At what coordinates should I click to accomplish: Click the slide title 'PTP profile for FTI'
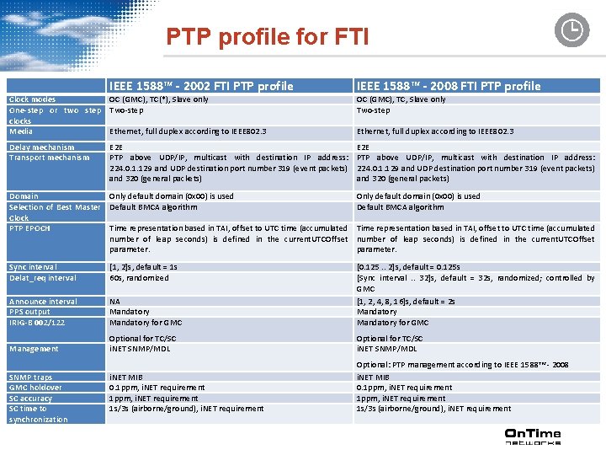pos(267,37)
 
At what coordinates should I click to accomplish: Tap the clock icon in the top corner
pos(571,30)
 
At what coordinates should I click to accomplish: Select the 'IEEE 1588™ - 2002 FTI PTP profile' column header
pos(201,86)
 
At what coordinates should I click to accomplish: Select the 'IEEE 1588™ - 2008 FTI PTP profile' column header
pos(449,86)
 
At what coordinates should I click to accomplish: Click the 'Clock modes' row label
pos(32,99)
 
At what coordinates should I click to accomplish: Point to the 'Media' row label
pos(20,131)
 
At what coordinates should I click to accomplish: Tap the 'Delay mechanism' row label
pos(41,147)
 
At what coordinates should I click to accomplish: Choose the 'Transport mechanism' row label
pos(49,158)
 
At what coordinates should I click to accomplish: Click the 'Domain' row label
pos(24,196)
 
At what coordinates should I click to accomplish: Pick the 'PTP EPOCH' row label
pos(29,228)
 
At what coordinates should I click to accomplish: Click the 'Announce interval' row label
pos(43,302)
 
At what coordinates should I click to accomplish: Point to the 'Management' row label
pos(34,349)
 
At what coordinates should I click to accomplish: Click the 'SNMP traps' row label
pos(30,377)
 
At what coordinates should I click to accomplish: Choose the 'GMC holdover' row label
pos(36,388)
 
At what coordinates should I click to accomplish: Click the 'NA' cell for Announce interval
pos(114,302)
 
